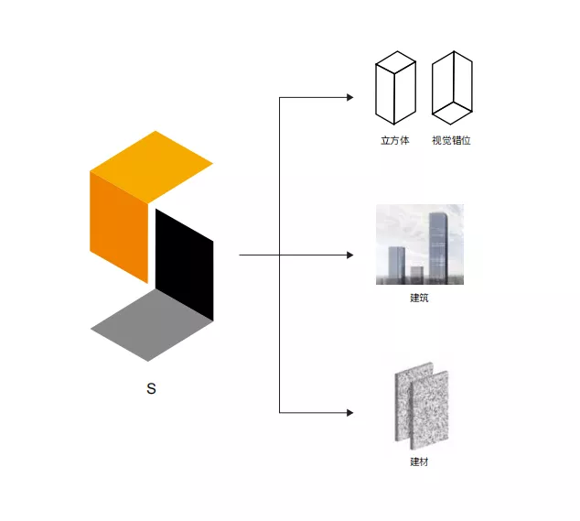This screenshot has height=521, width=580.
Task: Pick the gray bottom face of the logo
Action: (x=152, y=326)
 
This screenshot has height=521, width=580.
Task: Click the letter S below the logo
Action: (x=152, y=389)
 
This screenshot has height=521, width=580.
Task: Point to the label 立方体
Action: (x=395, y=141)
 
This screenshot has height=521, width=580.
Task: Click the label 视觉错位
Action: (x=451, y=141)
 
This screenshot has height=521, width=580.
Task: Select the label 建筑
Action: (x=420, y=298)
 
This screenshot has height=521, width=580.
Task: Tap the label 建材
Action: (x=419, y=461)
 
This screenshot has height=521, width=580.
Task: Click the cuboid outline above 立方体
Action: (x=395, y=89)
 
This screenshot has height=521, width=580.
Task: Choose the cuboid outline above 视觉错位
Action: (x=451, y=88)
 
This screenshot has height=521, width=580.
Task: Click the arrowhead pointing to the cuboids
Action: (x=349, y=96)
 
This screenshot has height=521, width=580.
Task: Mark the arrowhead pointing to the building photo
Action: (x=349, y=255)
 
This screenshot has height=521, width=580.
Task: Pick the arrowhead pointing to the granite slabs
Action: (x=349, y=414)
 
